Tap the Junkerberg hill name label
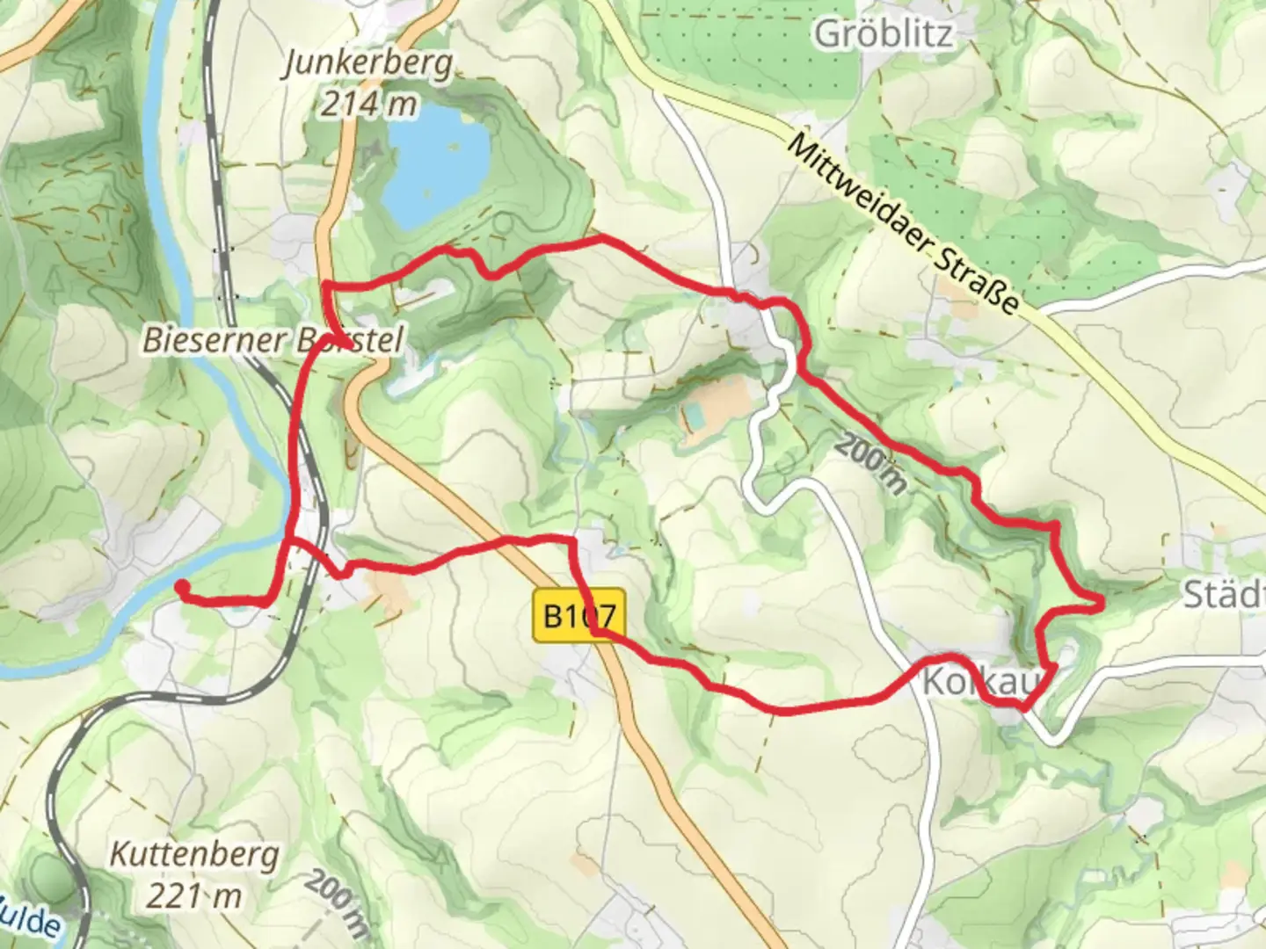click(x=368, y=64)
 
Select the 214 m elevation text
click(x=368, y=105)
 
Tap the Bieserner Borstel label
click(x=272, y=340)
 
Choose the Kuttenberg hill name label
click(x=194, y=854)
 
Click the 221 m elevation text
click(x=194, y=896)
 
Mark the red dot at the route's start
click(x=181, y=585)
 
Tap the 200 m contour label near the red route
click(x=869, y=464)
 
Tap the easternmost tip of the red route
click(x=1101, y=599)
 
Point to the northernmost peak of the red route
click(x=600, y=237)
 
